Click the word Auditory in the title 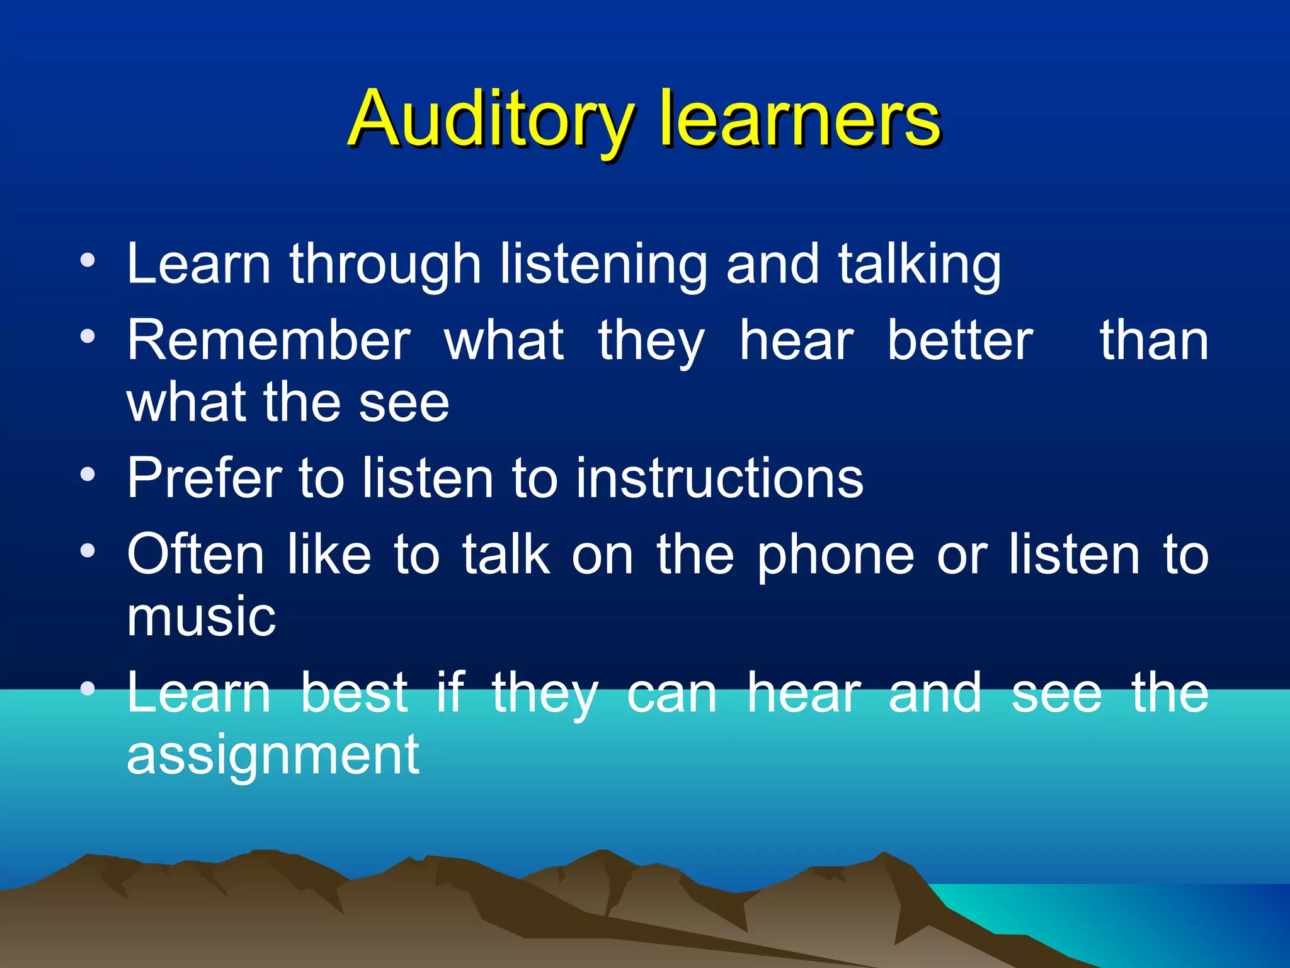490,120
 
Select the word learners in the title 799,120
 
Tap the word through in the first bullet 385,265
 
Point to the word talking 919,265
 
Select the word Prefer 205,479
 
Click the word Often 195,555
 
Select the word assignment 273,756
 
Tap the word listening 603,265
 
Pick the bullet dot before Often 88,551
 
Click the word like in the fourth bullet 329,555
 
